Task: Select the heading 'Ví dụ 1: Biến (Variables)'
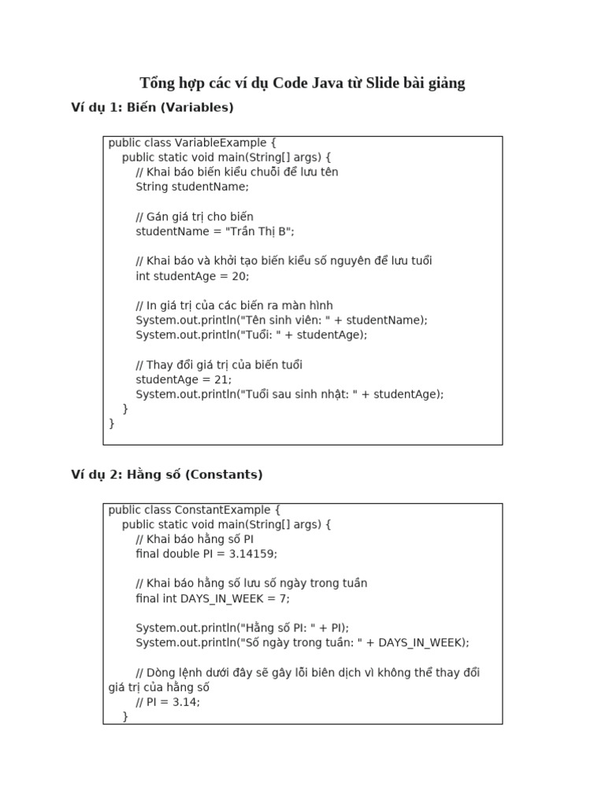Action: [152, 107]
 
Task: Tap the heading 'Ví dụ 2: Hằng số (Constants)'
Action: [166, 475]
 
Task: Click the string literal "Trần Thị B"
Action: [259, 231]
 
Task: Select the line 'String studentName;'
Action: [191, 187]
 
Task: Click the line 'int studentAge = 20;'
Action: [192, 276]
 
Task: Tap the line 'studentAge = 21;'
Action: [184, 379]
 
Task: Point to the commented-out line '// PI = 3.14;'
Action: [168, 702]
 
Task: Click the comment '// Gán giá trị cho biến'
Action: [195, 216]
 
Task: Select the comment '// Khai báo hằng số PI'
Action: [195, 539]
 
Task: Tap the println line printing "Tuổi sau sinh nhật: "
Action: [290, 394]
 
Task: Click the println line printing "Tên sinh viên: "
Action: [281, 320]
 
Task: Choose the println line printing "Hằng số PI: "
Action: [242, 628]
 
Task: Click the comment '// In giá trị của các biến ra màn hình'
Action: [234, 305]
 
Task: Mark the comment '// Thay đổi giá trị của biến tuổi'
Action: [219, 364]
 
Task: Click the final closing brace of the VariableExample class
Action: [112, 423]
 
